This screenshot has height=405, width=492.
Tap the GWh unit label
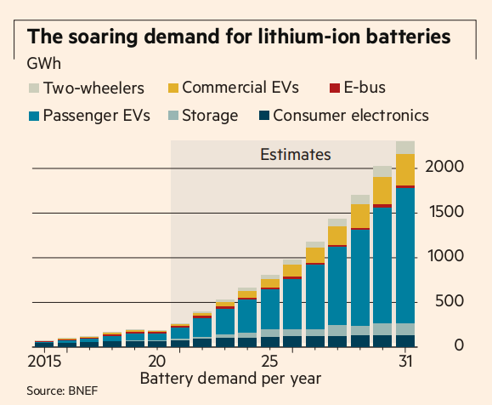click(x=44, y=64)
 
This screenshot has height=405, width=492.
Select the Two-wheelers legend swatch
click(x=34, y=88)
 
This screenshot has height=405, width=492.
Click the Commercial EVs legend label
click(x=240, y=88)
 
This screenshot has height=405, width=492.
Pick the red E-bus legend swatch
click(x=335, y=88)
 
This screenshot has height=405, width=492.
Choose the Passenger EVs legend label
click(x=97, y=116)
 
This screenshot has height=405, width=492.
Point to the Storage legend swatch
click(x=173, y=116)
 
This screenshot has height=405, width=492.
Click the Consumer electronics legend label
click(x=351, y=116)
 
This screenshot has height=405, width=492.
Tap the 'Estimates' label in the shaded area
click(x=296, y=154)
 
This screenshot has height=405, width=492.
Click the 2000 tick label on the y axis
click(x=444, y=166)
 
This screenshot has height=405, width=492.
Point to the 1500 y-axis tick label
click(x=446, y=212)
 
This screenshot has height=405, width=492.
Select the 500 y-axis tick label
click(x=449, y=301)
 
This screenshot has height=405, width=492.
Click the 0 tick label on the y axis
click(x=459, y=345)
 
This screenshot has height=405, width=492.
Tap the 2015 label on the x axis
click(x=44, y=362)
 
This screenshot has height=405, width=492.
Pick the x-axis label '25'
click(x=270, y=362)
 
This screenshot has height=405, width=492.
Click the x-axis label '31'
click(x=405, y=362)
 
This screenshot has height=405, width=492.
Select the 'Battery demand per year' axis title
click(x=230, y=379)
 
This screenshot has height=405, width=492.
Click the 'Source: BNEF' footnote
click(x=62, y=391)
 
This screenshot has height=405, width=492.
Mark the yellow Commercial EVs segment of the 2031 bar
click(x=405, y=169)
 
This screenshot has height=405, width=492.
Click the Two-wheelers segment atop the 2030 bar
click(x=382, y=172)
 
